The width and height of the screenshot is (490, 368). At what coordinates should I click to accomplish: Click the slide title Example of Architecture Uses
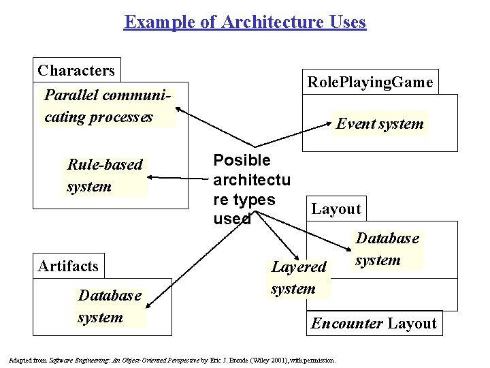pos(245,22)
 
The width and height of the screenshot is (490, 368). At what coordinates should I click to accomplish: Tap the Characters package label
pos(76,71)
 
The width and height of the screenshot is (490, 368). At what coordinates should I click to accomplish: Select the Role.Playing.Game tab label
pos(370,82)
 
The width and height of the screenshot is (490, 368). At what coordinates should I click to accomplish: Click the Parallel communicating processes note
pos(108,106)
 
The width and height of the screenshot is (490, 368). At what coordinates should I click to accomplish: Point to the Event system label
pos(380,123)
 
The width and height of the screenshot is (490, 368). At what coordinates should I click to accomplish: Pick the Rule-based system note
pos(105,175)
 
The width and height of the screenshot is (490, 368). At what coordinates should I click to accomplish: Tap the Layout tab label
pos(336,209)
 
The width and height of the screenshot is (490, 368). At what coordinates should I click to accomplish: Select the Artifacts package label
pos(68,266)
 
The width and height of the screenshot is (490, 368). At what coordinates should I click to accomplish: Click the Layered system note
pos(298,277)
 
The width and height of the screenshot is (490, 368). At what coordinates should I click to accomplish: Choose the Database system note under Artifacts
pos(110,306)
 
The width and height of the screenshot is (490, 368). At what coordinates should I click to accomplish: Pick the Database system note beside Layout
pos(387,249)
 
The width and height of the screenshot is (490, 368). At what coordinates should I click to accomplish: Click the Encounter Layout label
pos(373,323)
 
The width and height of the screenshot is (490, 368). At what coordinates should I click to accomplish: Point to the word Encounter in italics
pos(346,323)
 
